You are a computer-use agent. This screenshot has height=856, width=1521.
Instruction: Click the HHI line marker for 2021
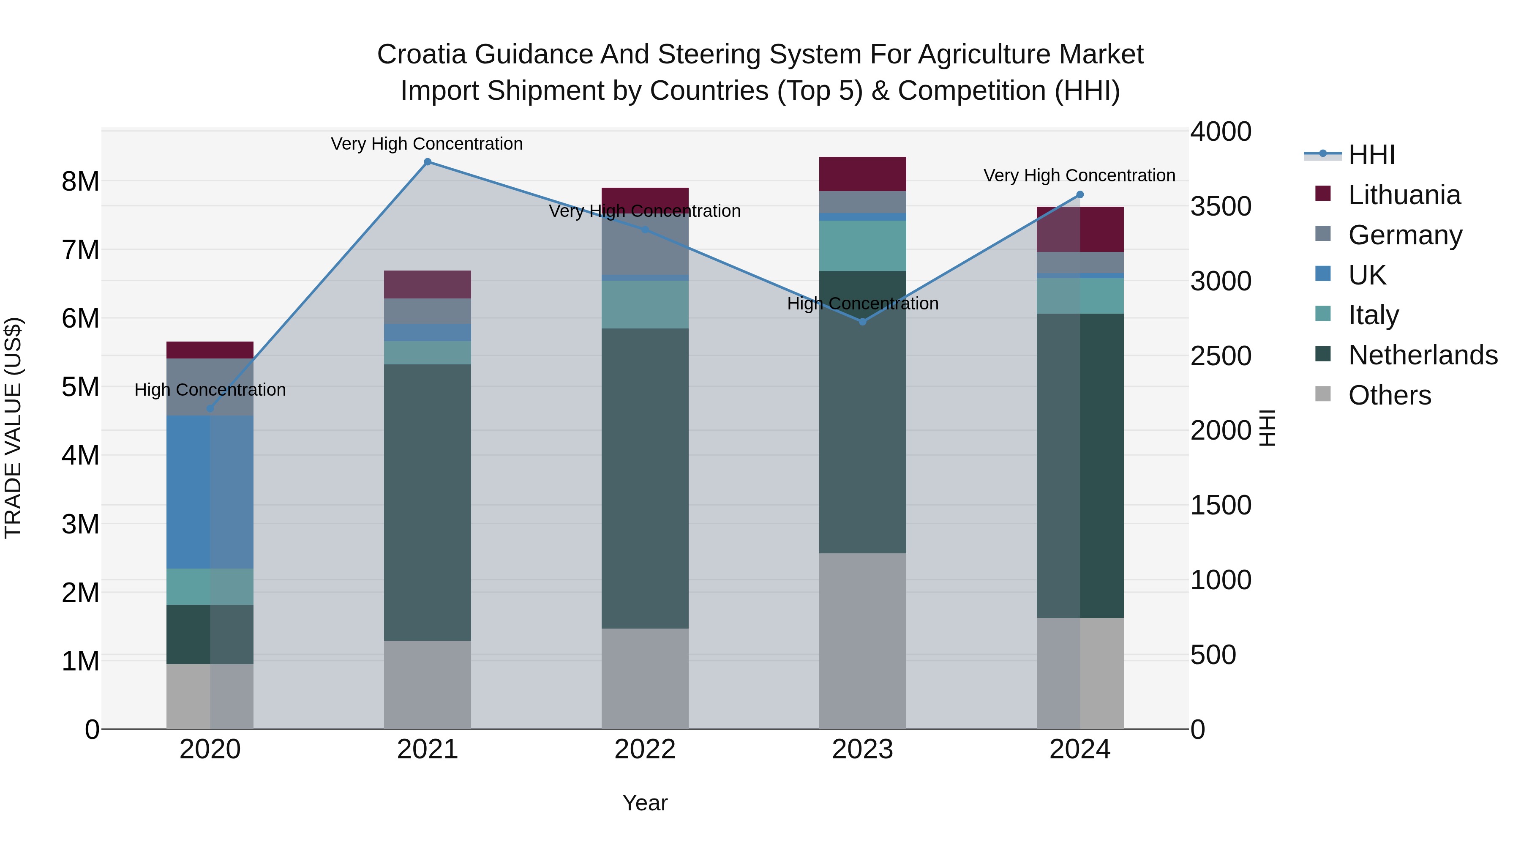(428, 162)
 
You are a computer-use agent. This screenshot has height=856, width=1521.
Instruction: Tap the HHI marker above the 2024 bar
(1080, 194)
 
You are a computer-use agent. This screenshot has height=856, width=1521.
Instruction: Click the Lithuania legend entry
(1404, 195)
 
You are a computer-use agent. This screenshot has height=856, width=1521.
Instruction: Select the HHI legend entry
(1371, 155)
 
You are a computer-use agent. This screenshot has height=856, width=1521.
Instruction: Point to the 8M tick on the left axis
(80, 181)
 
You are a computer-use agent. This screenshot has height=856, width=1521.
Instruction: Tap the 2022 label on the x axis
(645, 749)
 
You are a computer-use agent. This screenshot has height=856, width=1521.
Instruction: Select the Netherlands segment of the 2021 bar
(428, 502)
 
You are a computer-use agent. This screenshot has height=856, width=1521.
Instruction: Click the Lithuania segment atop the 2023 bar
(862, 174)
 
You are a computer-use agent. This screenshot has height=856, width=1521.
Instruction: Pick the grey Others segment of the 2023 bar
(862, 641)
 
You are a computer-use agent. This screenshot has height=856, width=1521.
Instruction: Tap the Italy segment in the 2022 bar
(645, 304)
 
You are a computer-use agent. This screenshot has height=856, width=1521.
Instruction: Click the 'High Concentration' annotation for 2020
(210, 390)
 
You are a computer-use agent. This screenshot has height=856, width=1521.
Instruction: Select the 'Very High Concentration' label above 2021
(426, 144)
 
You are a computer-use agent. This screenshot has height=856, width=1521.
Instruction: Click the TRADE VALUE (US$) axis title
(13, 428)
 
